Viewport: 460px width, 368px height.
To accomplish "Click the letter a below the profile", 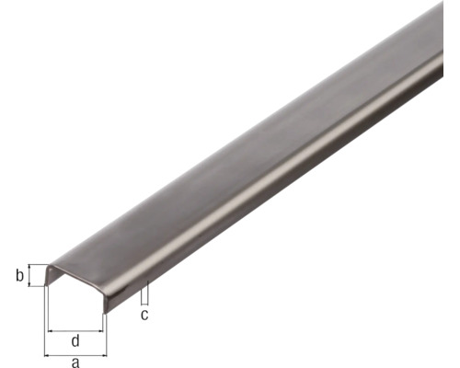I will click(75, 362).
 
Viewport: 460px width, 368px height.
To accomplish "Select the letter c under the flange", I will click(144, 315).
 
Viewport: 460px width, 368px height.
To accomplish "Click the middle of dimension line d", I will click(75, 330).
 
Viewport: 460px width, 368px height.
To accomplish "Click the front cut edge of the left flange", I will click(48, 275).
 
